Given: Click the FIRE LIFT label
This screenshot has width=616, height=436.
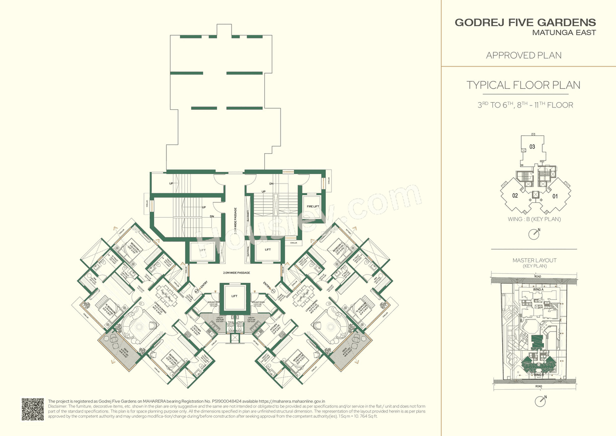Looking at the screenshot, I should click(313, 207).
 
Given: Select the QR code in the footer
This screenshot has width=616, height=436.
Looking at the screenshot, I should click(33, 409).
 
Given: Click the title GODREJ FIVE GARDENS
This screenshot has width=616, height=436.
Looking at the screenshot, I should click(525, 23).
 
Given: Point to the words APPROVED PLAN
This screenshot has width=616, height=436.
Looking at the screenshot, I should click(524, 55).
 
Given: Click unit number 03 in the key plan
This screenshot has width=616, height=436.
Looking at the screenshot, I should click(532, 146).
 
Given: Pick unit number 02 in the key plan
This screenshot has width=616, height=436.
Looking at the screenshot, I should click(514, 196).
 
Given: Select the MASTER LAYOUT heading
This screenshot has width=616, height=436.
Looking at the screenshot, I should click(534, 261).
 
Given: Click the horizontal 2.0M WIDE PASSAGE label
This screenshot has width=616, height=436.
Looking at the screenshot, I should click(236, 273).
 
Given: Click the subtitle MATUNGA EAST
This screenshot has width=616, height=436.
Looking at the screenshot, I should click(564, 33).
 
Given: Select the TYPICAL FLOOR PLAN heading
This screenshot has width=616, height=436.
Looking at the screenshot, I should click(523, 85).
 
